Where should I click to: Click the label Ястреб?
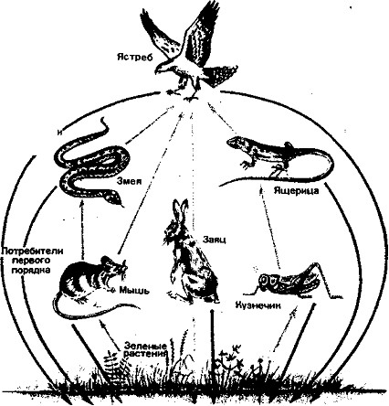tap(134, 57)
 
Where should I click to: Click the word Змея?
tap(130, 181)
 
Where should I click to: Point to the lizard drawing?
tap(280, 161)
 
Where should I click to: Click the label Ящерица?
tap(296, 191)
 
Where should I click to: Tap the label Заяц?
tap(214, 240)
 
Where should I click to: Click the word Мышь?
tap(133, 290)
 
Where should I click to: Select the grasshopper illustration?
tap(294, 280)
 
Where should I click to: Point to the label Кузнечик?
tap(258, 305)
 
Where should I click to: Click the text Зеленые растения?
tap(145, 350)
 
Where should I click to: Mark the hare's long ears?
tap(180, 210)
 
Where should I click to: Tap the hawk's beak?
tap(156, 72)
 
